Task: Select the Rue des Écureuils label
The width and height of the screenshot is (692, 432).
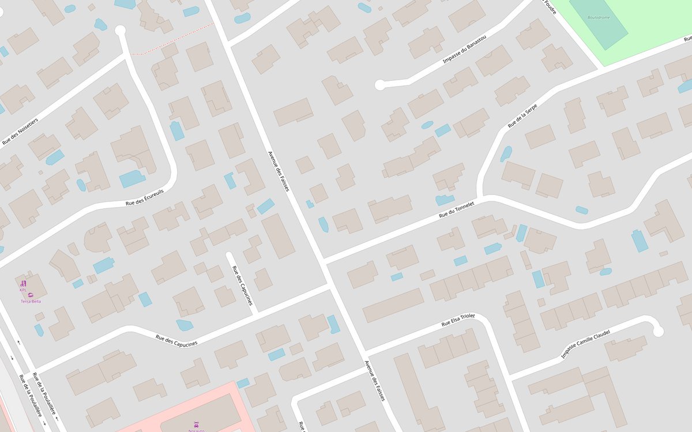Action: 145,198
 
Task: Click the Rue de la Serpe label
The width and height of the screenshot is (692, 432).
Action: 522,115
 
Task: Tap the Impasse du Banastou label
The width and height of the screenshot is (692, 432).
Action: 464,52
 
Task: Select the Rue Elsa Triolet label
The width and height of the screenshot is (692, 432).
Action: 458,320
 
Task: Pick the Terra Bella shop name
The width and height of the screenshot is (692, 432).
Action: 31,301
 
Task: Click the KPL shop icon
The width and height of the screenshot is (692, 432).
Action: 23,283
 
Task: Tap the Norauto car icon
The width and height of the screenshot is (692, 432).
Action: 197,424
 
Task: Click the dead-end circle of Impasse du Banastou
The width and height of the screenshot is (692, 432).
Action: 379,85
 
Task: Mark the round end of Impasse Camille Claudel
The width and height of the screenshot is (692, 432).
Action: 658,331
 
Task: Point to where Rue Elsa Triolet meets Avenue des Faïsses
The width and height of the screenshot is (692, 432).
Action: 366,352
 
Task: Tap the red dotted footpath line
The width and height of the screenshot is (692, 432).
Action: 173,39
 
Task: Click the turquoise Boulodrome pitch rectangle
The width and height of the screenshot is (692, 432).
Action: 598,22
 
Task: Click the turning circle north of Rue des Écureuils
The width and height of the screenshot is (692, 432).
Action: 121,31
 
